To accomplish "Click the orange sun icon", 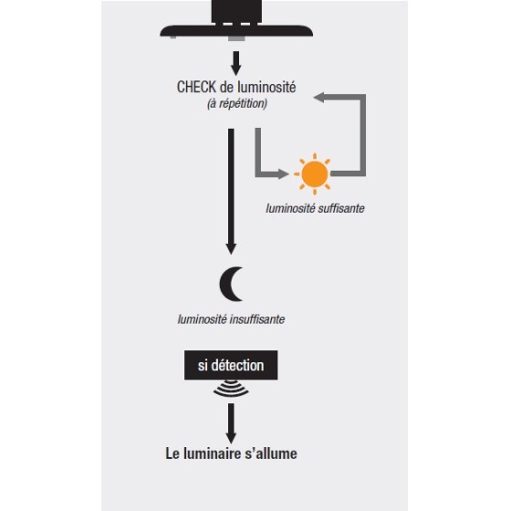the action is [x=314, y=174].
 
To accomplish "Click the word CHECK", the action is [x=196, y=87].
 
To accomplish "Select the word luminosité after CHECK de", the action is [x=266, y=87].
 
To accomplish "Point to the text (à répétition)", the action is [x=237, y=104].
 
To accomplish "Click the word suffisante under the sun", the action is [x=341, y=208].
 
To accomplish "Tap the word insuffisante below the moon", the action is [x=257, y=319].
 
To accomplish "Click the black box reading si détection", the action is [x=231, y=365].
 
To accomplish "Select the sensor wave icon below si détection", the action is [x=231, y=388].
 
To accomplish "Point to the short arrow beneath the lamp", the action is [x=236, y=64].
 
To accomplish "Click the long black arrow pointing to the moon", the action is [x=231, y=192].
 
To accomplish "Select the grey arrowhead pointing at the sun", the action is [x=282, y=173].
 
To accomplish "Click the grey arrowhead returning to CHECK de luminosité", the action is [x=319, y=97].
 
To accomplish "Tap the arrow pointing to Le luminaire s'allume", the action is [x=231, y=423].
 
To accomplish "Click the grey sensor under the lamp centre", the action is [x=236, y=38].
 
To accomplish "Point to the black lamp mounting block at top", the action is [x=236, y=12].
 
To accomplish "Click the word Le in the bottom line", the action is [x=172, y=454].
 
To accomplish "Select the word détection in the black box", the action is [x=237, y=365].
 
